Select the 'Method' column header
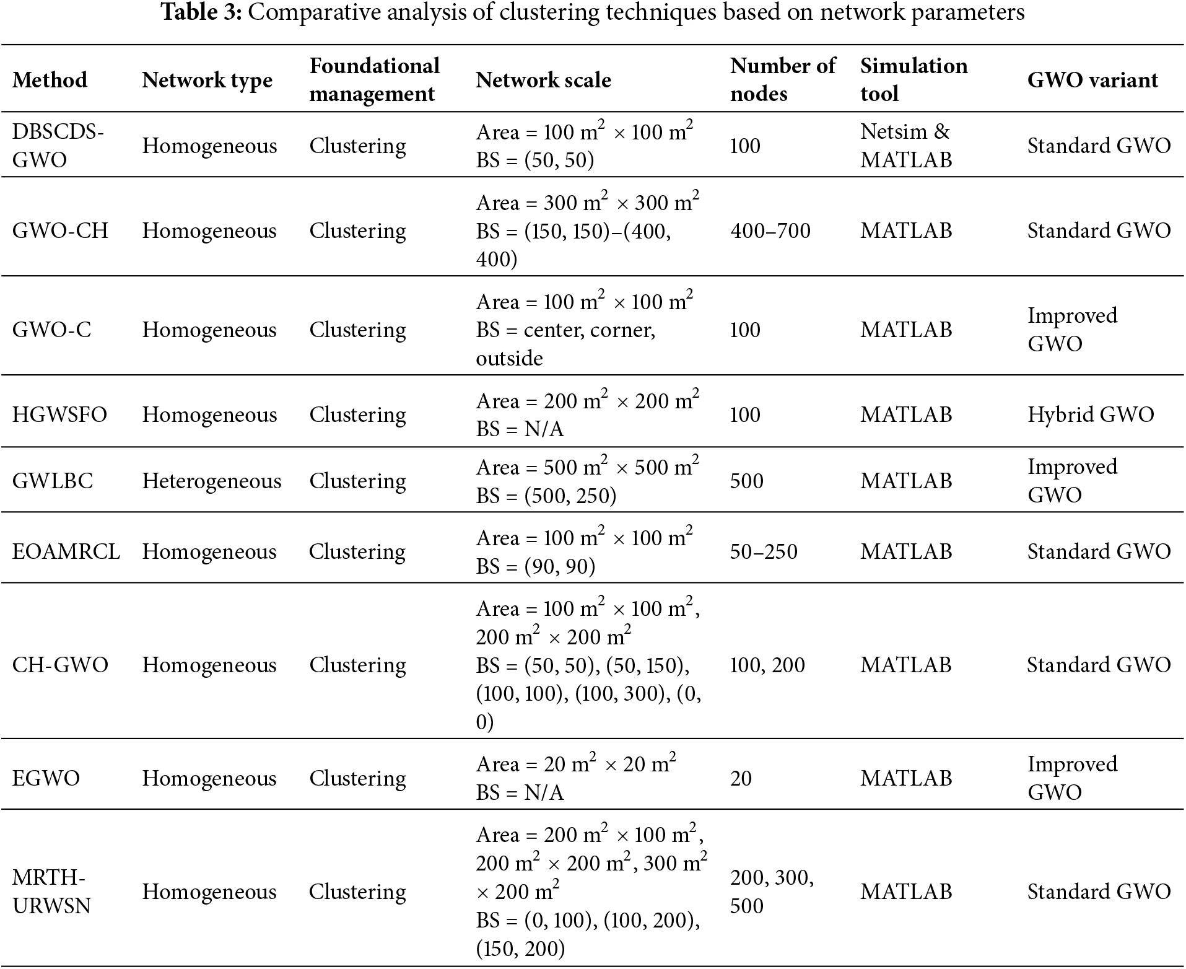(50, 80)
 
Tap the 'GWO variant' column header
(1092, 80)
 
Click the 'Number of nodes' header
(782, 80)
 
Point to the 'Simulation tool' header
(913, 80)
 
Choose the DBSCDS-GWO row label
(58, 146)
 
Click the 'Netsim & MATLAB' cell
(905, 146)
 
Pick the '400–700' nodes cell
(770, 231)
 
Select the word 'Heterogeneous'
(211, 481)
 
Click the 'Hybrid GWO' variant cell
(1091, 414)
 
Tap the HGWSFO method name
(59, 414)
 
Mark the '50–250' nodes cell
(764, 551)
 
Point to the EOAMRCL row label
(66, 551)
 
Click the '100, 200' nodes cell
(767, 665)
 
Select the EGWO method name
(46, 778)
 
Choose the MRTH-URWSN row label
(51, 892)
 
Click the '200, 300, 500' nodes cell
(771, 892)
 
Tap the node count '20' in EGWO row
(741, 778)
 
